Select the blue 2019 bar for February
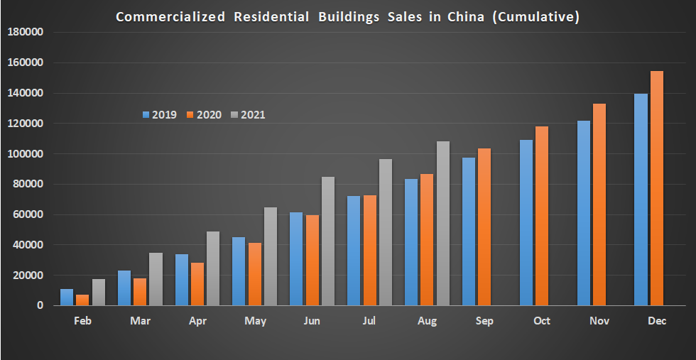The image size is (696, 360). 67,298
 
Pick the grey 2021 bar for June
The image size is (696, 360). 328,241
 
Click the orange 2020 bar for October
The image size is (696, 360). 542,216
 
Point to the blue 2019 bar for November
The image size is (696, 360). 584,213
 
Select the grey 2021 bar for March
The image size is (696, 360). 156,279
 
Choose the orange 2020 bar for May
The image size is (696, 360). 255,274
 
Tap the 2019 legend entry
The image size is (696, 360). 159,114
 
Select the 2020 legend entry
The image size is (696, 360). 204,114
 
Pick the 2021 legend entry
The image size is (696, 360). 248,114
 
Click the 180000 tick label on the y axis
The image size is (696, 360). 26,32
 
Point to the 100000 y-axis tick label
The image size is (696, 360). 26,154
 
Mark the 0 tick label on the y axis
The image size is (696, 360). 40,306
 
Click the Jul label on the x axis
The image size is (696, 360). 369,322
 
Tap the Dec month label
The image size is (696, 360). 657,322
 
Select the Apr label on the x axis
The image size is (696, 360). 197,322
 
